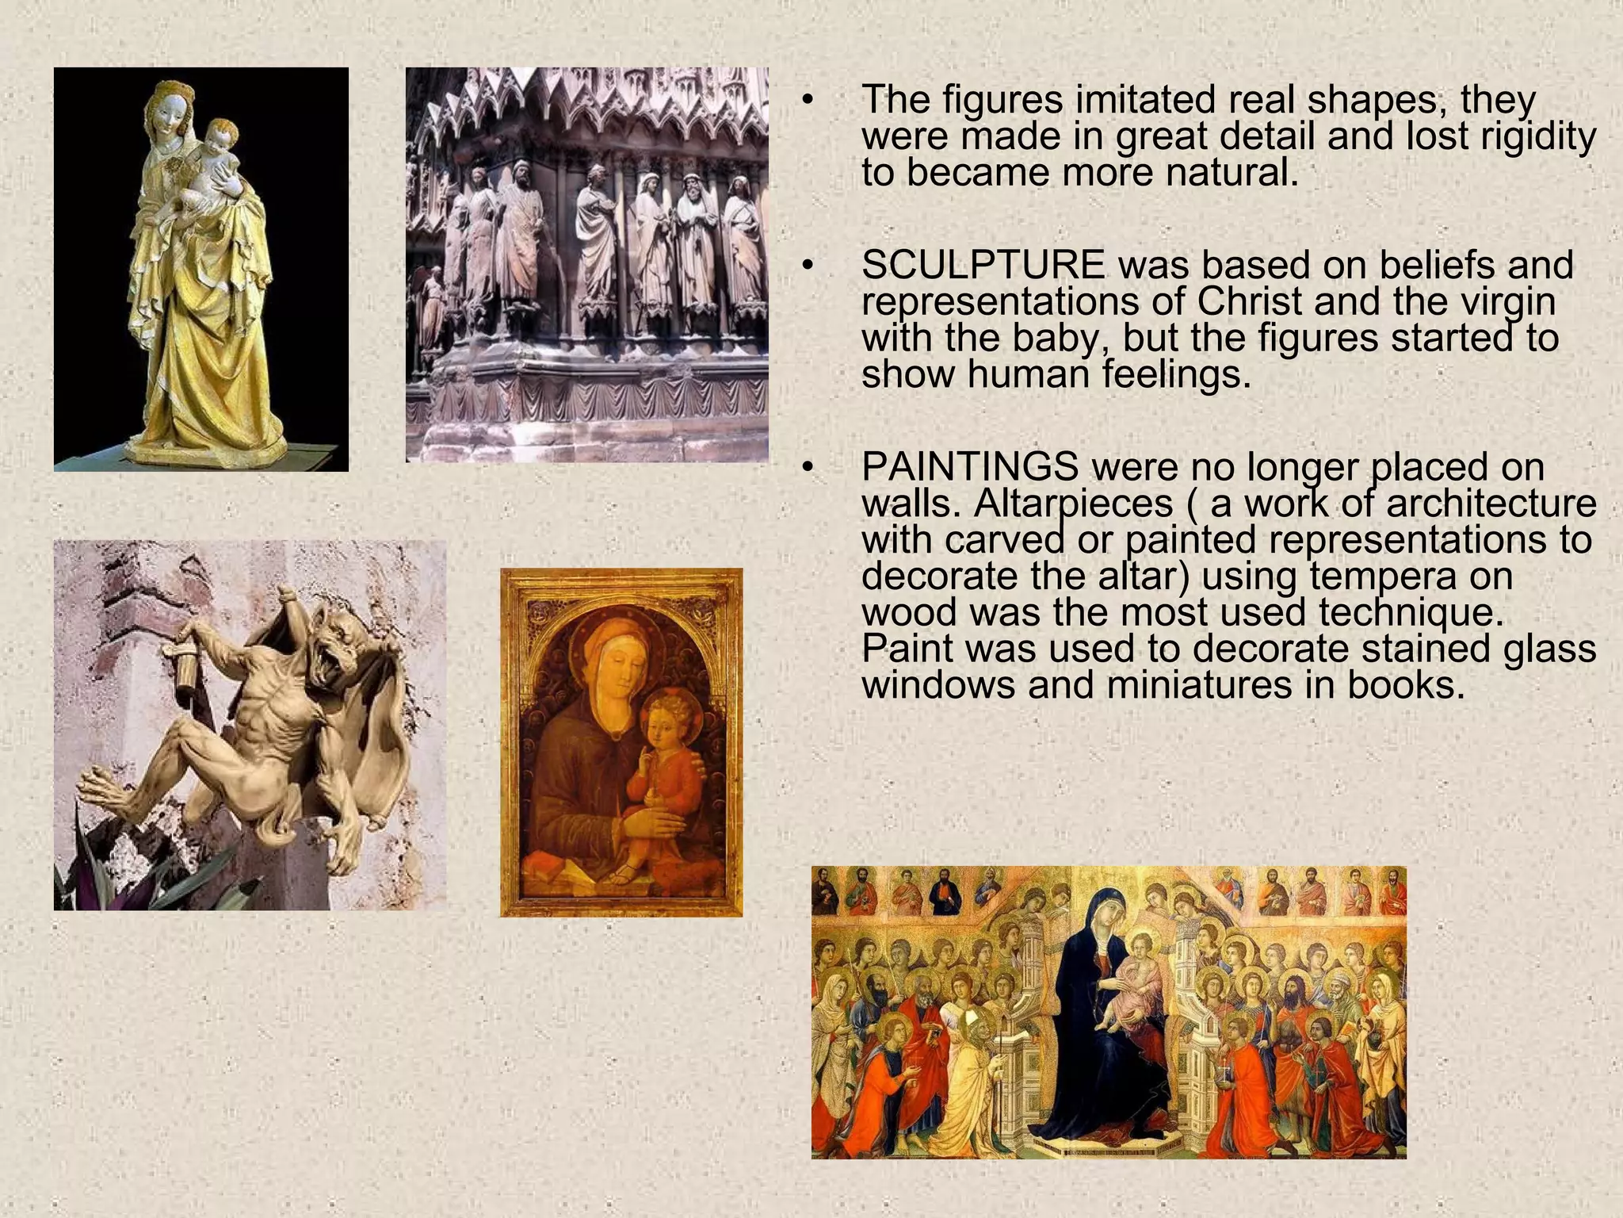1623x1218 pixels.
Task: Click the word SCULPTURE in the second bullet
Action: pos(983,266)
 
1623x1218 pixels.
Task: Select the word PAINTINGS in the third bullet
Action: pos(969,467)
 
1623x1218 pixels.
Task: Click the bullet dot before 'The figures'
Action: pos(808,100)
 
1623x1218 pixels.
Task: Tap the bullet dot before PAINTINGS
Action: pos(808,468)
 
